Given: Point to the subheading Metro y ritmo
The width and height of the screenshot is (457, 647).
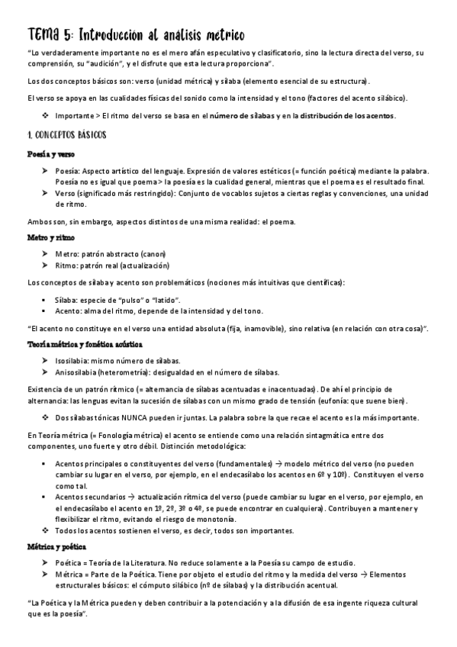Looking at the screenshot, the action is (x=47, y=238).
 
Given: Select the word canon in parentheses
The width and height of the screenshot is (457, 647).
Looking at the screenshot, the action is (x=151, y=253).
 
